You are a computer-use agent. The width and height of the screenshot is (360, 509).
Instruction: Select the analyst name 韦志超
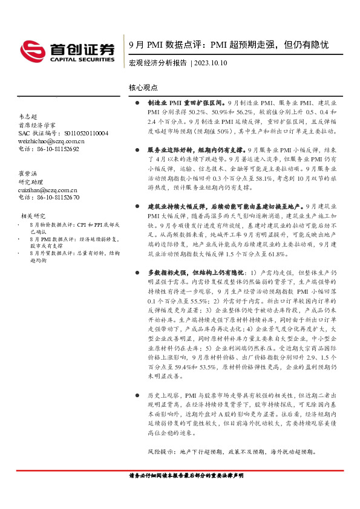click(28, 115)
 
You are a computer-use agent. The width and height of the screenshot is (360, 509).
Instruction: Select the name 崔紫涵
click(28, 173)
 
